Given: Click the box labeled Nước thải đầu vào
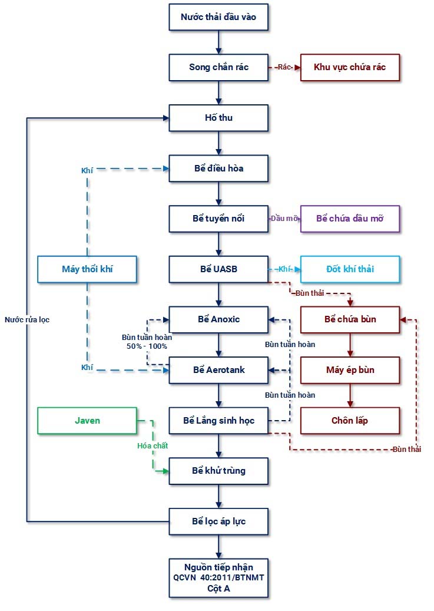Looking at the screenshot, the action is click(x=218, y=17).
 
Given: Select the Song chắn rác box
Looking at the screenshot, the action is click(x=218, y=67).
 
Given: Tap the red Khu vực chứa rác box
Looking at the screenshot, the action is click(x=350, y=67).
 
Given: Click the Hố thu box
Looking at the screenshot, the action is click(x=218, y=118).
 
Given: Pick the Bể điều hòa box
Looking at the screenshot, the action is click(x=218, y=169).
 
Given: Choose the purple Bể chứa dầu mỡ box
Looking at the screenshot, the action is click(x=350, y=219).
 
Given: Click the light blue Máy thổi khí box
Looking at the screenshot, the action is click(x=87, y=269).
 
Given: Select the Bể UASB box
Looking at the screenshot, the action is click(x=218, y=269).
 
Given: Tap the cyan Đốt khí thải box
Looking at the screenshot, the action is click(x=350, y=269).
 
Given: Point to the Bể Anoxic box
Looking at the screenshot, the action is click(x=218, y=319).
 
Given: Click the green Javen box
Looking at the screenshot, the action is click(x=87, y=421).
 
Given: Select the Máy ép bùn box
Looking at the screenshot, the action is click(x=350, y=370).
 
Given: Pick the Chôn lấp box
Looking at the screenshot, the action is click(x=350, y=421).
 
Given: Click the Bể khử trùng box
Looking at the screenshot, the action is click(x=218, y=471).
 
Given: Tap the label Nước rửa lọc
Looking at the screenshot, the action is click(x=27, y=320).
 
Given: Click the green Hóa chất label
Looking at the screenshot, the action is click(x=153, y=446).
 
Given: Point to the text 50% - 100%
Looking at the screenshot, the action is click(x=147, y=346).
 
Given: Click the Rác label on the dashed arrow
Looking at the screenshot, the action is click(x=285, y=67).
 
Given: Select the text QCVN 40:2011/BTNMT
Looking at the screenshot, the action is click(x=218, y=577).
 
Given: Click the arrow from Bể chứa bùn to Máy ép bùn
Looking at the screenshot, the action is click(x=350, y=345).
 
